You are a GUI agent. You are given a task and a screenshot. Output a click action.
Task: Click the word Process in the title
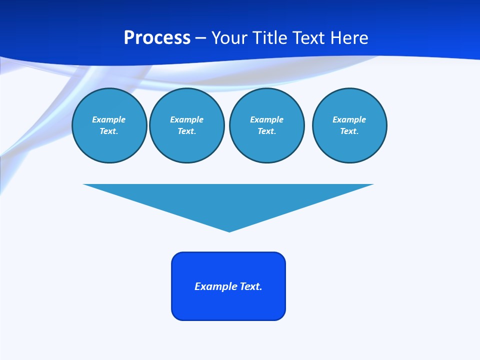(157, 38)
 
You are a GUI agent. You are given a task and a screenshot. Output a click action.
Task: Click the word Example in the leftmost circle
(109, 119)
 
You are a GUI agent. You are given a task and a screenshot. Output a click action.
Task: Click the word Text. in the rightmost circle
(349, 131)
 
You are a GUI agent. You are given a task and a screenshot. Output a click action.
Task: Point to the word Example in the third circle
(267, 119)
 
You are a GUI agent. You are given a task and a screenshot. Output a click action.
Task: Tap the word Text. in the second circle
(187, 131)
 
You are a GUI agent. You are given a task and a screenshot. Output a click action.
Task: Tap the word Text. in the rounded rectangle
(251, 286)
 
